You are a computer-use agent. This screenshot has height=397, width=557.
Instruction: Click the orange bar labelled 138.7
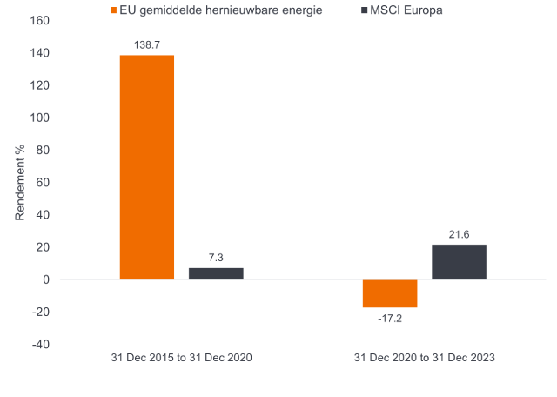coord(147,167)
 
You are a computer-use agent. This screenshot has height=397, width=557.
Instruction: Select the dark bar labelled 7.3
coord(216,273)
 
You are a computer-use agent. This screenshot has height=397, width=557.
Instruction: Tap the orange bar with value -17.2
coord(390,293)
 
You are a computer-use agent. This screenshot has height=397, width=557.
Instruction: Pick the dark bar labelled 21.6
coord(459,262)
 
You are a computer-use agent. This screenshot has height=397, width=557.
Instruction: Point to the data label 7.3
coord(216,257)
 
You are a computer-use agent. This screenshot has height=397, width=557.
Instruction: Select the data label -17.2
coord(390,320)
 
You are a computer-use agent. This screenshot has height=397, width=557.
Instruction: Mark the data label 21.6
coord(459,234)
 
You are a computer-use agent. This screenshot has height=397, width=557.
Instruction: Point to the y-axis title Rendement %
coord(19,182)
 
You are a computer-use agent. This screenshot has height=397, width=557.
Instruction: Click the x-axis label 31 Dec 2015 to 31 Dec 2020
coord(182,358)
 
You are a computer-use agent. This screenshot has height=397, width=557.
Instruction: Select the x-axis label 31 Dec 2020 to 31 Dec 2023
coord(425,358)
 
